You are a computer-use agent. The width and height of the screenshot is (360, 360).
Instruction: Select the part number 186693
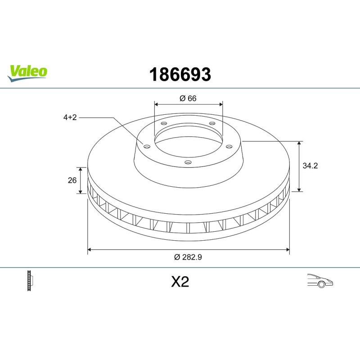[x=180, y=75]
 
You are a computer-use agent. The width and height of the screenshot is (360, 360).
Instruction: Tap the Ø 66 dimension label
[x=188, y=99]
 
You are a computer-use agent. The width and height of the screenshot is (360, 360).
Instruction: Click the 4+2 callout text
[x=70, y=117]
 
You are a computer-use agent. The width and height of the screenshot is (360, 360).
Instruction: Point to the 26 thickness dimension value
[x=72, y=180]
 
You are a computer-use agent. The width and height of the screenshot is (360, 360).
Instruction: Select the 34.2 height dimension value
[x=310, y=166]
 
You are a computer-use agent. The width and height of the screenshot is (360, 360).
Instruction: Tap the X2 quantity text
[x=180, y=282]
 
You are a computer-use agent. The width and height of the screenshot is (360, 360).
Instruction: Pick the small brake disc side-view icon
[x=31, y=281]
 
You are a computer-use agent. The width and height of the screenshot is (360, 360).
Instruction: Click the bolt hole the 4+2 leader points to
[x=146, y=145]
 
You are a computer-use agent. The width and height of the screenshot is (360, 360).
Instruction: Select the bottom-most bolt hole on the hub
[x=188, y=162]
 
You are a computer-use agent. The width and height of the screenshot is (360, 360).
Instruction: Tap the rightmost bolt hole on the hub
[x=229, y=146]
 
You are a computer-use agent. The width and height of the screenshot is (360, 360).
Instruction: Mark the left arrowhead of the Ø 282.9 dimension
[x=90, y=248]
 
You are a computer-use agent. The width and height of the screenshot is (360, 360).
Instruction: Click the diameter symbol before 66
[x=182, y=99]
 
